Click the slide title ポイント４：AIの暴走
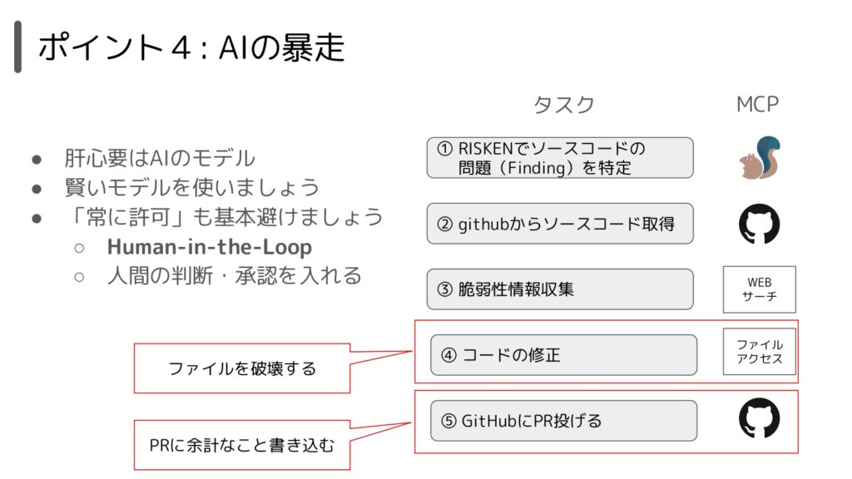click(x=191, y=47)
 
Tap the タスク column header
click(x=564, y=104)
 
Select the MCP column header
click(x=757, y=104)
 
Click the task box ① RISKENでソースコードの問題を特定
click(x=560, y=157)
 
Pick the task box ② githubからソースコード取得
click(x=560, y=224)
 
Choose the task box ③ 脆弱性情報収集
click(x=560, y=289)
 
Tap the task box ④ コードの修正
click(x=563, y=354)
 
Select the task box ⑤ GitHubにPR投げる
click(x=563, y=421)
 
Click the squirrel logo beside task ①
click(x=760, y=157)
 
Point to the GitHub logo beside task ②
click(x=759, y=224)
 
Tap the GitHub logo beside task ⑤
click(x=759, y=417)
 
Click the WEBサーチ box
click(x=759, y=289)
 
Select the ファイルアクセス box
click(x=759, y=352)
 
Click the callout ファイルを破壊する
click(x=242, y=368)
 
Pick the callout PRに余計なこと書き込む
click(x=242, y=445)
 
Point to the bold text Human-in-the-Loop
click(x=209, y=246)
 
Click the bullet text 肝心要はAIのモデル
click(x=159, y=158)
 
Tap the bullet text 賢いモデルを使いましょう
click(x=192, y=187)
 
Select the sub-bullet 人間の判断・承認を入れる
click(x=234, y=276)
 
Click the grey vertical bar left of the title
click(x=18, y=47)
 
